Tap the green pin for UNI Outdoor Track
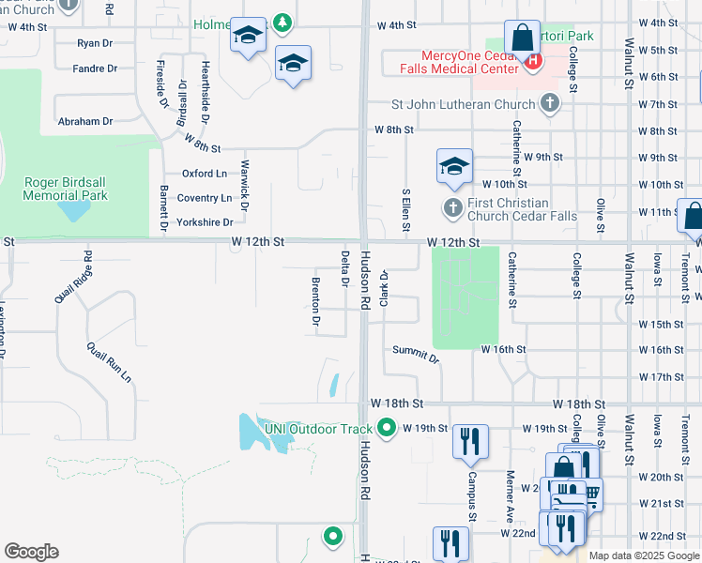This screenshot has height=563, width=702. pos(387,429)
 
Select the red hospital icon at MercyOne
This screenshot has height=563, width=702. pos(533,62)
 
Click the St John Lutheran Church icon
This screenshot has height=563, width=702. pos(550,104)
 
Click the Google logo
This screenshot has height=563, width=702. pos(31,552)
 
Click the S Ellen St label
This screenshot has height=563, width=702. pos(405,205)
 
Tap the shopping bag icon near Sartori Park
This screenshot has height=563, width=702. pos(521,38)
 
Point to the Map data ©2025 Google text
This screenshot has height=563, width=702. pos(644,555)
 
